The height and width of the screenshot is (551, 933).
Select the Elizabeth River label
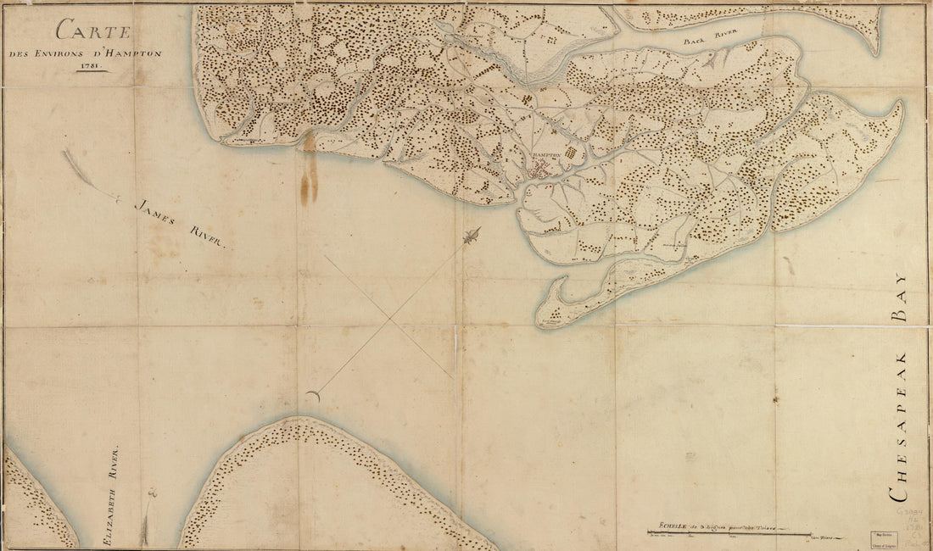[x=111, y=493]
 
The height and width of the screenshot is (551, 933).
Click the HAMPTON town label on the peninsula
[x=549, y=158]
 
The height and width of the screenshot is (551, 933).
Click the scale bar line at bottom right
[x=729, y=533]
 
